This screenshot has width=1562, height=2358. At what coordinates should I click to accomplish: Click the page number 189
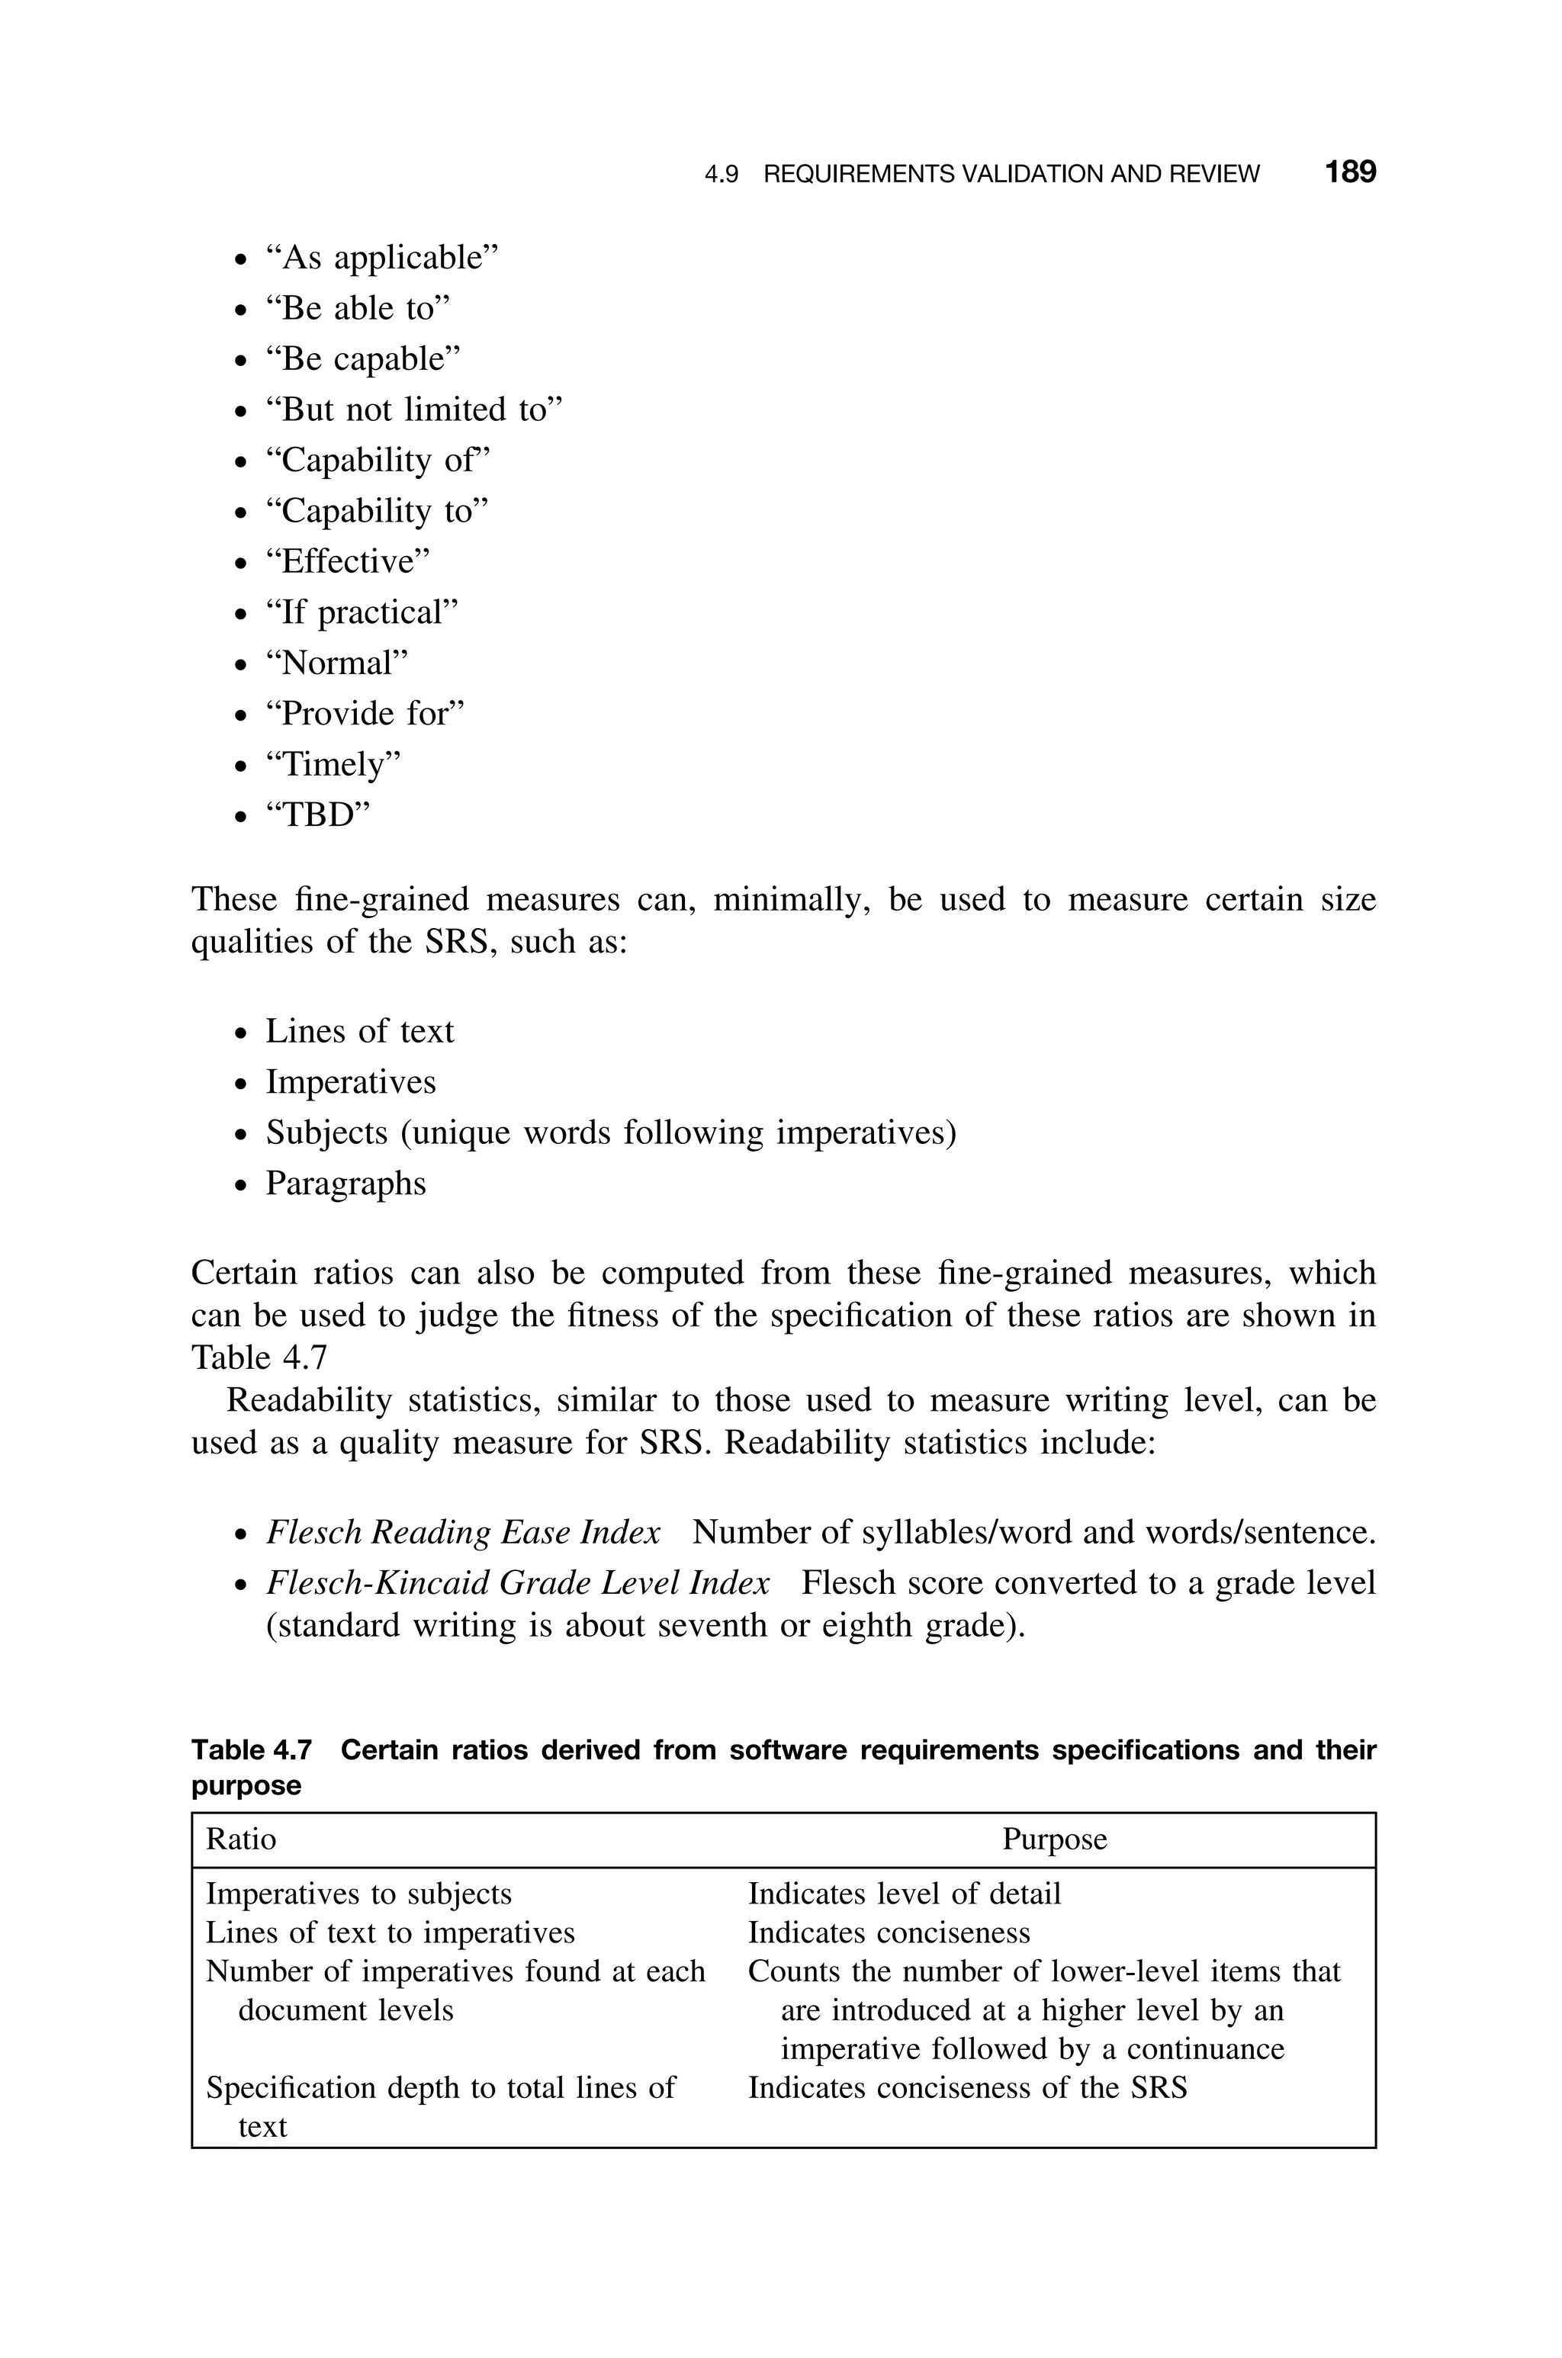(1350, 172)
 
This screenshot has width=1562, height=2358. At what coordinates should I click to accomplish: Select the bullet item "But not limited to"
(413, 410)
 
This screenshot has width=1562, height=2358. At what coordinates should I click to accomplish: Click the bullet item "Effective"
(347, 561)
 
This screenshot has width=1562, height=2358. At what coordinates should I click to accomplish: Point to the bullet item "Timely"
(333, 765)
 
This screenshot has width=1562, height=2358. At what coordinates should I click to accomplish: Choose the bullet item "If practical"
(362, 612)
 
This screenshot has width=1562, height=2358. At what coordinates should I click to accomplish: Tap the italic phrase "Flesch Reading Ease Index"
(462, 1533)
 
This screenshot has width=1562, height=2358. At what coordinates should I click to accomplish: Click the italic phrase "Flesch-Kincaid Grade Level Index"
(517, 1582)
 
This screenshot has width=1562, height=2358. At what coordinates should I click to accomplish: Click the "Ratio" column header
(241, 1839)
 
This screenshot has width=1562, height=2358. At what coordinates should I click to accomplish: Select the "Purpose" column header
(1054, 1839)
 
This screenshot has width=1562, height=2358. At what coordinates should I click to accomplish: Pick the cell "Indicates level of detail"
(904, 1894)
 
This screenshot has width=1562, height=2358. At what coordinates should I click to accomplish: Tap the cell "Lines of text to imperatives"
(390, 1932)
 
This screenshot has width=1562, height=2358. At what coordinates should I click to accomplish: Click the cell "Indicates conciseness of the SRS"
(967, 2088)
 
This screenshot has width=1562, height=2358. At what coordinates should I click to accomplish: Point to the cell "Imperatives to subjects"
(358, 1894)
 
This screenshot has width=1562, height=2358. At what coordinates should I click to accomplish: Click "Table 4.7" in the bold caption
(251, 1749)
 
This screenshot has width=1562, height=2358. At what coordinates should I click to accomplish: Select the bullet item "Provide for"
(365, 714)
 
